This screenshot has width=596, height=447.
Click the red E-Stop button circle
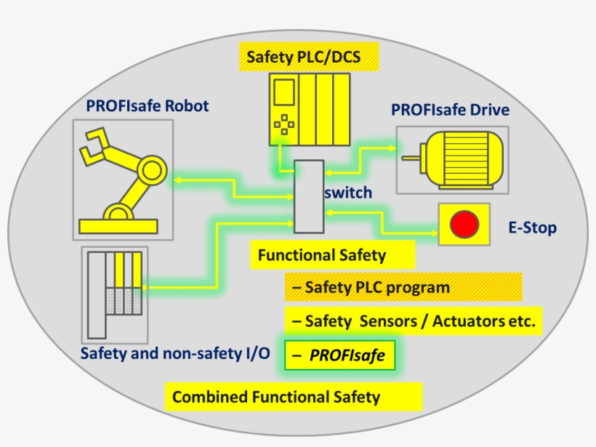coord(463,225)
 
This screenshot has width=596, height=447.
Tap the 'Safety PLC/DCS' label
coord(300,56)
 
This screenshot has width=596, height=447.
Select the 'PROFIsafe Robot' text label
coord(147,106)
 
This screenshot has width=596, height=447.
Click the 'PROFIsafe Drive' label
coord(450,110)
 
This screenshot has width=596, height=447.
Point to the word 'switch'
coord(347,193)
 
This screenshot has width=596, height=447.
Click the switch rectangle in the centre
coord(308,196)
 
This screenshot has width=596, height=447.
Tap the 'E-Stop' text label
coord(532,227)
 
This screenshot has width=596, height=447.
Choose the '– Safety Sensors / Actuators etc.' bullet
coord(414,320)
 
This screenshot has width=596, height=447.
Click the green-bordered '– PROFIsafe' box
coord(340,355)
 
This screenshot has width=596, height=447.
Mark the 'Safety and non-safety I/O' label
coord(174,354)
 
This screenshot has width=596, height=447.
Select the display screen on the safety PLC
coord(283,93)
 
